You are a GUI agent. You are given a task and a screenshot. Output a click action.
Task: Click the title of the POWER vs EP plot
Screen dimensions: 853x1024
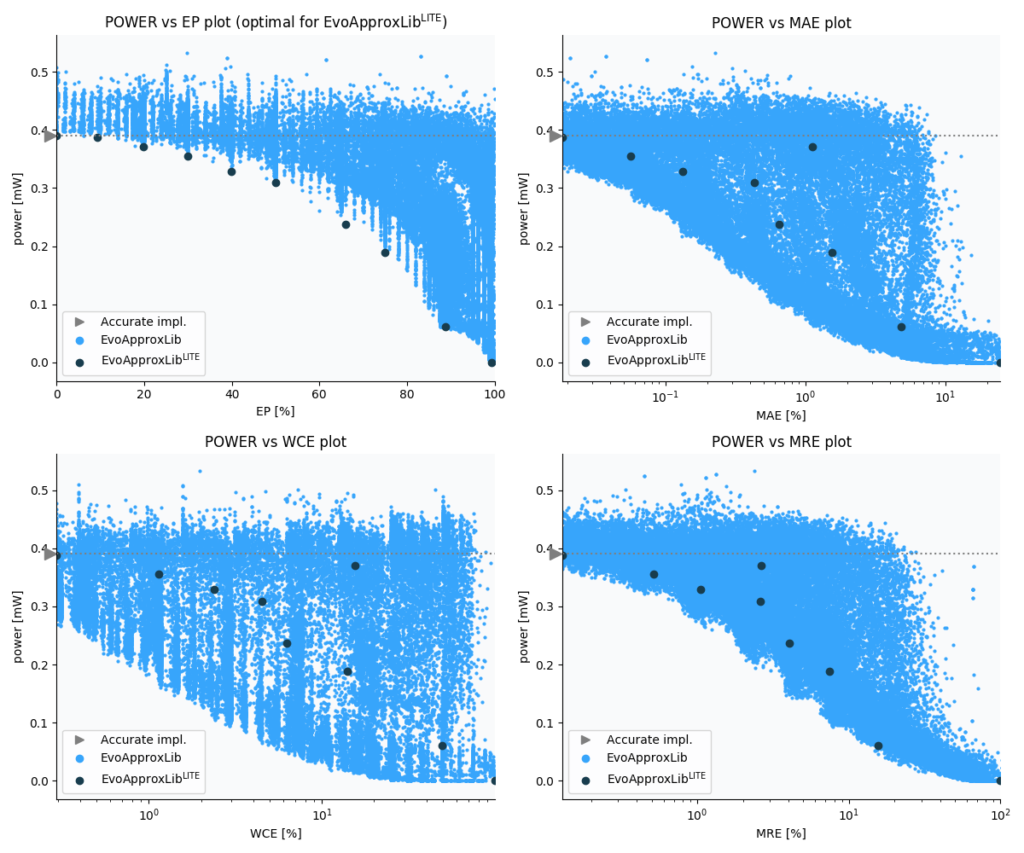click(x=276, y=22)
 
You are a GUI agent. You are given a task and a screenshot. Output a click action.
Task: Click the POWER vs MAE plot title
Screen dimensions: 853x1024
click(x=781, y=23)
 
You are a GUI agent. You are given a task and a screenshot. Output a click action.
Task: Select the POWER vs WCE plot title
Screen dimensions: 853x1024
click(x=276, y=442)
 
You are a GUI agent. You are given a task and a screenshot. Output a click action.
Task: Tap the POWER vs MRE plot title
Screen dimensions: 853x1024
click(x=781, y=442)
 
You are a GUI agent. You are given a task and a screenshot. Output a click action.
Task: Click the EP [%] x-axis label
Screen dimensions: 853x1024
click(x=276, y=411)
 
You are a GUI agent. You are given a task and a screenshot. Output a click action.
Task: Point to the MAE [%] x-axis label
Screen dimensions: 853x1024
click(x=781, y=415)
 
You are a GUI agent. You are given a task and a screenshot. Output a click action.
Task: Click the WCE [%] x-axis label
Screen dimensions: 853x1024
click(x=276, y=833)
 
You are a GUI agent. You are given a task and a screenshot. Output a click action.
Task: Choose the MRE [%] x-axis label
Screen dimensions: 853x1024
click(x=781, y=833)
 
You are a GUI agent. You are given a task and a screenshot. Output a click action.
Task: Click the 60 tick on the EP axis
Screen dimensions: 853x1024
click(x=320, y=394)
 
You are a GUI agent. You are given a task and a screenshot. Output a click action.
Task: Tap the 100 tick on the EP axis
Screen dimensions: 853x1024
click(x=494, y=394)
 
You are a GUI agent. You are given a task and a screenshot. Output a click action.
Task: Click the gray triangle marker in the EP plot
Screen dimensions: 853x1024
click(x=50, y=136)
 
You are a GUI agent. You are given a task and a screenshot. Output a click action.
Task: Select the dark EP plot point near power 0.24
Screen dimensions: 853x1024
click(x=346, y=224)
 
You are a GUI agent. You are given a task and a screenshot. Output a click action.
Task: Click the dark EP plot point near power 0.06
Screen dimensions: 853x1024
click(x=445, y=327)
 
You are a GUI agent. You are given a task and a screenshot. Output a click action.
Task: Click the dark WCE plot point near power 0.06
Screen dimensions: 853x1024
click(x=442, y=746)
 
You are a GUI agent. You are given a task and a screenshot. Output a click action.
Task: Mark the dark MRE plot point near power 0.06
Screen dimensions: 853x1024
click(x=878, y=746)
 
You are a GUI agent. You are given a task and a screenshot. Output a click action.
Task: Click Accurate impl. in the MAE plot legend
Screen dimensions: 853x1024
click(x=649, y=322)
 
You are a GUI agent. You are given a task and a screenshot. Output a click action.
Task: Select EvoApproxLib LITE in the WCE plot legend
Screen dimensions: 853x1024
click(x=150, y=778)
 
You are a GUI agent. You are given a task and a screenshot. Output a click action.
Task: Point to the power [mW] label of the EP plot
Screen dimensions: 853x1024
click(x=18, y=208)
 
